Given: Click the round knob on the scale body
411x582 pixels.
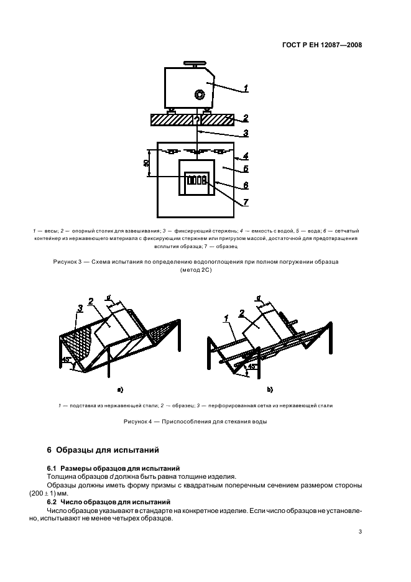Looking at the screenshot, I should click(x=200, y=95).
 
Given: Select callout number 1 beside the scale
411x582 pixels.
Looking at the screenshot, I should click(x=246, y=88).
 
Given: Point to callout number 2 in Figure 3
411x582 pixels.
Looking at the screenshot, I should click(x=246, y=118).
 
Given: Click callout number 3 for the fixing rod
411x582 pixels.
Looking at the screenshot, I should click(x=246, y=132).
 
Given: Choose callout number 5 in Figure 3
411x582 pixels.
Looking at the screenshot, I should click(x=246, y=168).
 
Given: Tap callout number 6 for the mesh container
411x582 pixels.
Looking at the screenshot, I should click(x=246, y=185).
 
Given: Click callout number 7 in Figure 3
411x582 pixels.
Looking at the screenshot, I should click(x=246, y=202).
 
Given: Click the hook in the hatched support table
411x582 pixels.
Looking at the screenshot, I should click(x=197, y=118).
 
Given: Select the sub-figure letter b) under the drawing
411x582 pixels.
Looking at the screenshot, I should click(x=270, y=390).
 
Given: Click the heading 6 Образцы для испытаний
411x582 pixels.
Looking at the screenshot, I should click(x=103, y=449).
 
